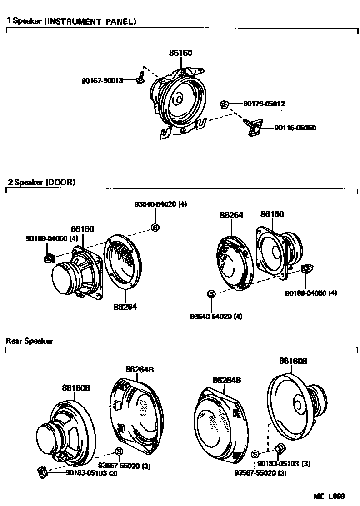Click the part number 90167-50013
click(102, 81)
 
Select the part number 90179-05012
click(264, 104)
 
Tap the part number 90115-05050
click(295, 128)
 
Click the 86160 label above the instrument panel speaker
click(180, 53)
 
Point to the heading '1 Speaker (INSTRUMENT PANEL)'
click(71, 21)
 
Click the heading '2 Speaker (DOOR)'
click(41, 182)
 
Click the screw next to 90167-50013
click(140, 79)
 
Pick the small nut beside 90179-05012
click(224, 104)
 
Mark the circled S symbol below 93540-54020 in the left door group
click(155, 228)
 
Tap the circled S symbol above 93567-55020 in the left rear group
click(119, 451)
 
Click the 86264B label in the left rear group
click(139, 370)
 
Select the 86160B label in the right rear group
click(293, 361)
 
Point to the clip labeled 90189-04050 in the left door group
click(49, 258)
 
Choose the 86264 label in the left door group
click(125, 307)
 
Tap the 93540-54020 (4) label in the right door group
click(216, 316)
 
